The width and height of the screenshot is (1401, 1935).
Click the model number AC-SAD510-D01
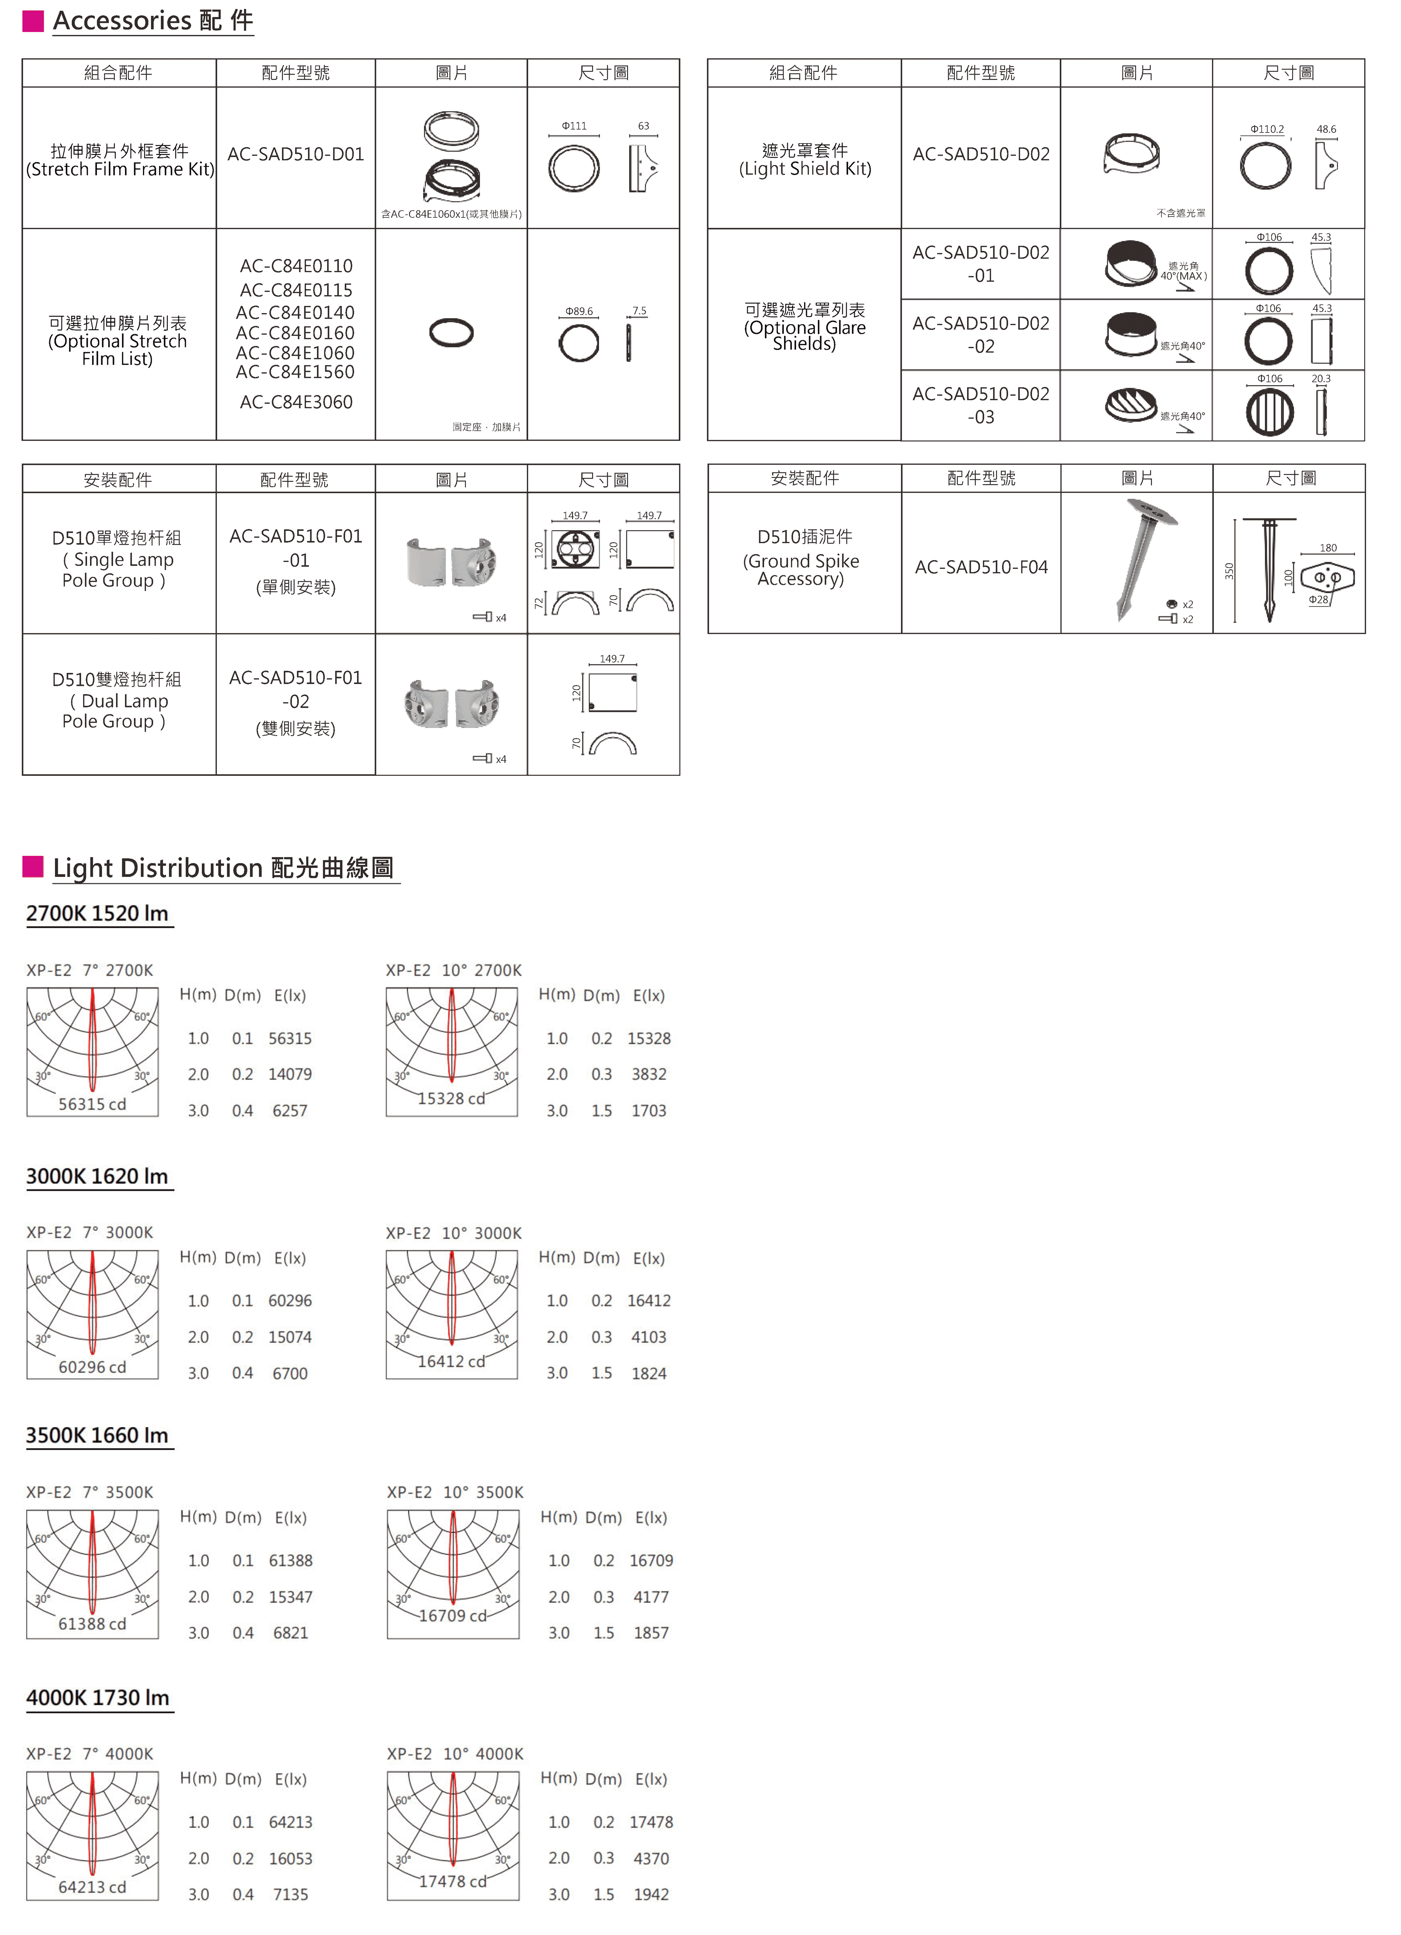click(295, 155)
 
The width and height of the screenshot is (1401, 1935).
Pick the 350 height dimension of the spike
click(1228, 571)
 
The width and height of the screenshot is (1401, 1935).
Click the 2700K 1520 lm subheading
click(97, 914)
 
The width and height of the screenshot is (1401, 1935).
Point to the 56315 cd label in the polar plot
click(92, 1104)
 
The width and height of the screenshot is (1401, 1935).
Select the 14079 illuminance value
click(290, 1074)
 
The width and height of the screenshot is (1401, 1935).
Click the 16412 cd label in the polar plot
click(452, 1362)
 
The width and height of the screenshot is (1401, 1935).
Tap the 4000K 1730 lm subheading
click(97, 1698)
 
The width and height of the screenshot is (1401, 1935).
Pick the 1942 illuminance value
click(651, 1894)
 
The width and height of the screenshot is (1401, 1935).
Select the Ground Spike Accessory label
click(801, 570)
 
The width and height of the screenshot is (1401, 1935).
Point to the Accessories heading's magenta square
click(32, 20)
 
